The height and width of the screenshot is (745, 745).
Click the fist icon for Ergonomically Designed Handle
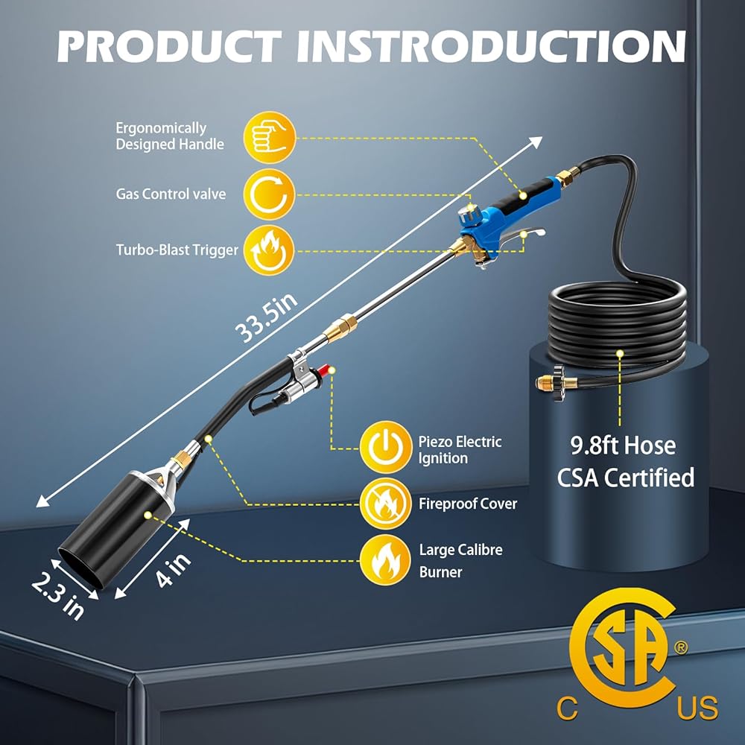[x=270, y=137]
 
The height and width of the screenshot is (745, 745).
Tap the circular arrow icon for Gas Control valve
[x=270, y=194]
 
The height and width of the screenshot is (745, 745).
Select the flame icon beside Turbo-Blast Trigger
[x=270, y=250]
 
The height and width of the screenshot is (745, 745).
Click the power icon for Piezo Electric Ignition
[x=385, y=447]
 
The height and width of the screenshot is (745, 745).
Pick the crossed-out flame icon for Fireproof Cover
[x=385, y=504]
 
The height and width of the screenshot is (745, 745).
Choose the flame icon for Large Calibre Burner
[x=385, y=560]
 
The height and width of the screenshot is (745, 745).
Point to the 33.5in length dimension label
[x=267, y=317]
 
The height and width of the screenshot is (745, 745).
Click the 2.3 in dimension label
[x=58, y=595]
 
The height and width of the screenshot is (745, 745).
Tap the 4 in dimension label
[x=174, y=571]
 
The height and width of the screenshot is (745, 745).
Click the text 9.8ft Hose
[x=623, y=446]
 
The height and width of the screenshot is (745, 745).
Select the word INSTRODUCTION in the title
[x=491, y=46]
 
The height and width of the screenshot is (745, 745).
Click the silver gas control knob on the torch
[x=469, y=216]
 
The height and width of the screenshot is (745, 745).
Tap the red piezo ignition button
[x=324, y=370]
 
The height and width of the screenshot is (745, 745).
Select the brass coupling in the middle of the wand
[x=340, y=327]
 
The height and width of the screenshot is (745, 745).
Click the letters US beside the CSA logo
[x=697, y=708]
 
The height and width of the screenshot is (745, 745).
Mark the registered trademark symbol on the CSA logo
[x=681, y=647]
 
